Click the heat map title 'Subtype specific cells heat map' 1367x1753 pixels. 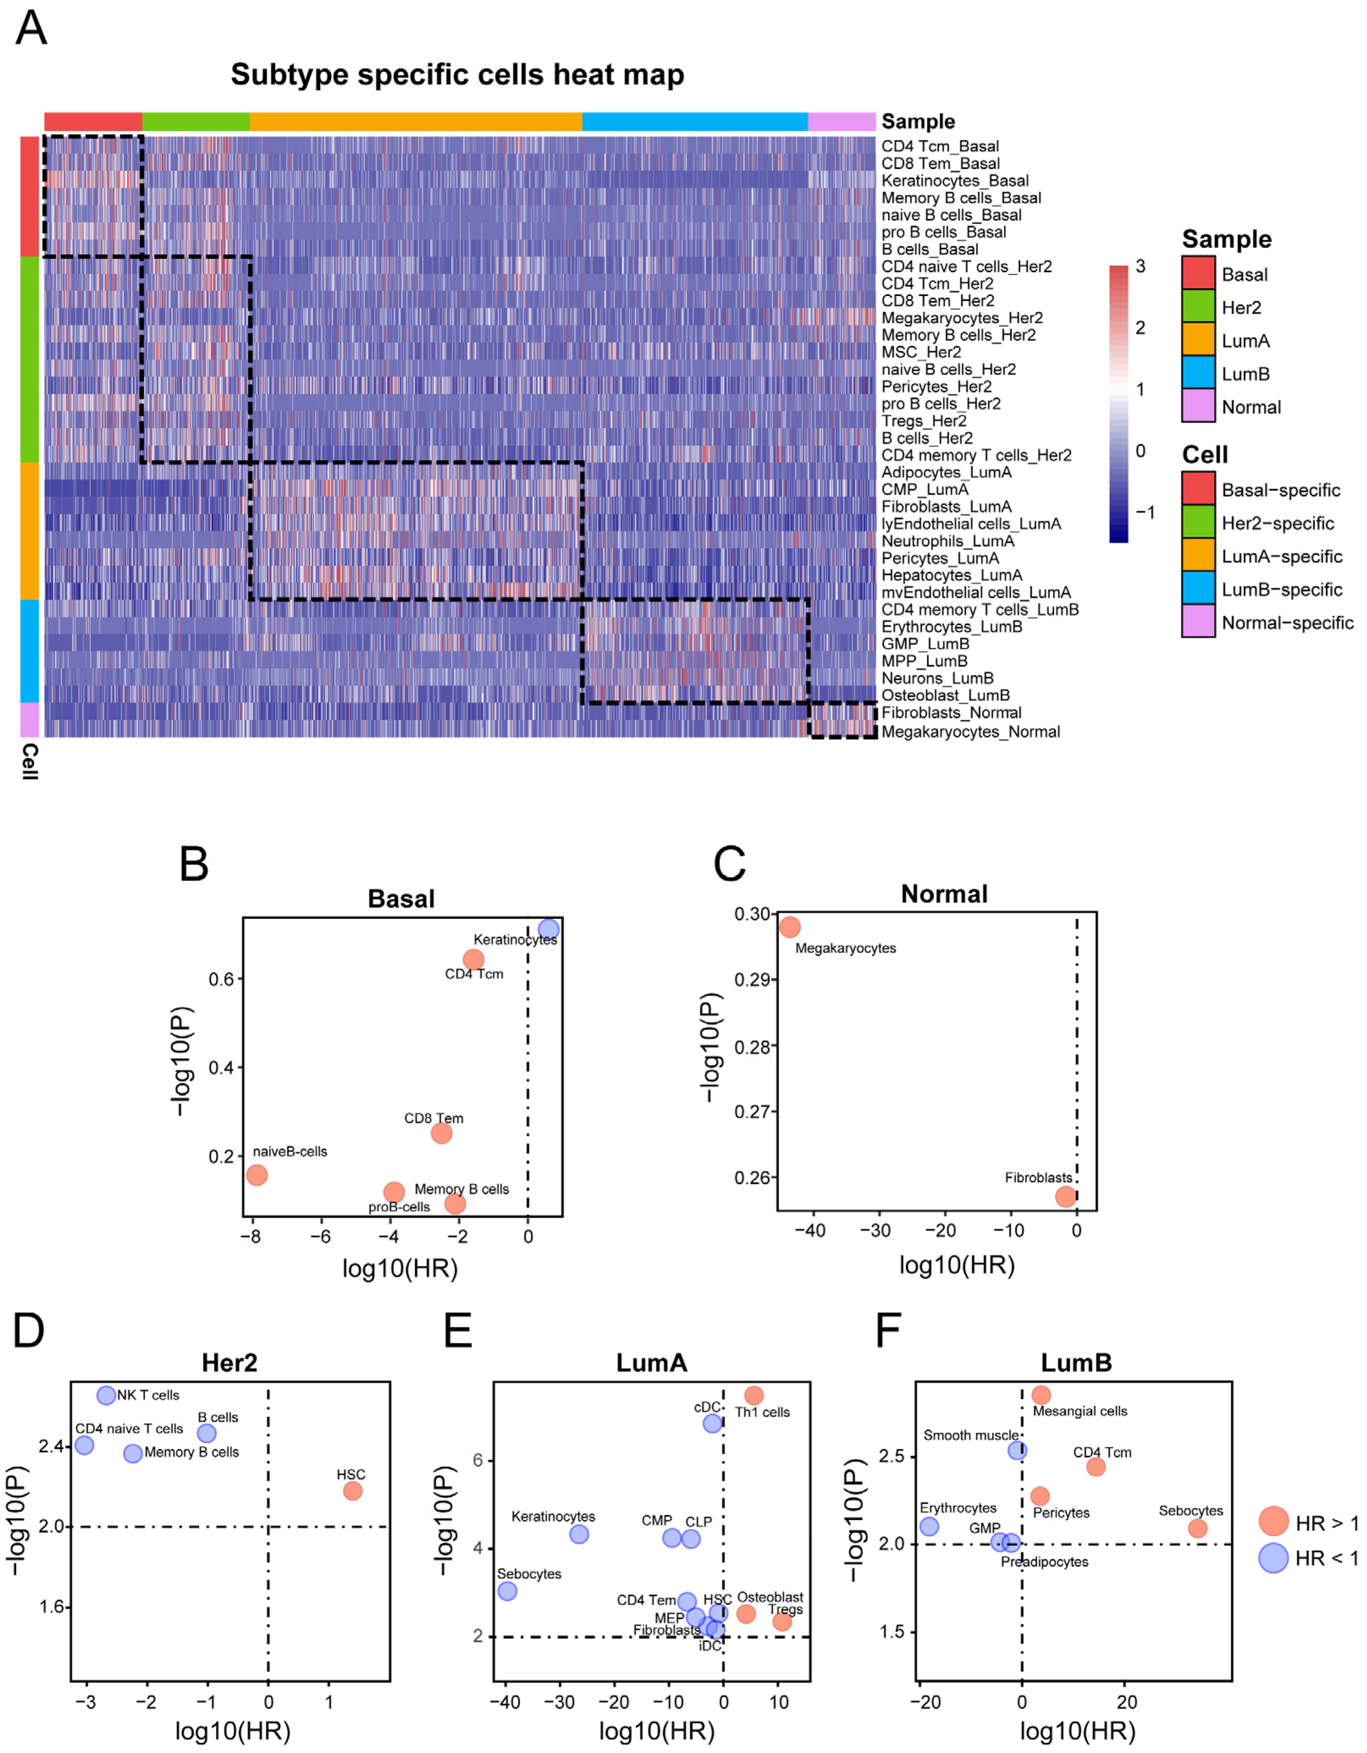(457, 75)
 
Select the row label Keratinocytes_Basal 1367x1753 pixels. (954, 181)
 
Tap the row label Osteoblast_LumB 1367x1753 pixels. (945, 695)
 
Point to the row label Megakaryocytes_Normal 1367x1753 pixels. (970, 731)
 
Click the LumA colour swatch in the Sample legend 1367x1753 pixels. (1198, 340)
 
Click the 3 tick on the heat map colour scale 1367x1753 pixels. (1140, 266)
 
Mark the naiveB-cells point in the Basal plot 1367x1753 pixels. (256, 1175)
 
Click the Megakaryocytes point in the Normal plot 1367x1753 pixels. (790, 927)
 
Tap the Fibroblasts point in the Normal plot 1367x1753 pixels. (1065, 1197)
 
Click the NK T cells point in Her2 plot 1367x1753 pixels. (106, 1395)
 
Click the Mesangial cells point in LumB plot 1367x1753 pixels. (1041, 1395)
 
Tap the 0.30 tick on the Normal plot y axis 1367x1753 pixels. (751, 914)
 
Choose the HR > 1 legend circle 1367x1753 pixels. (1273, 1520)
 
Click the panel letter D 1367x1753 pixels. (29, 1330)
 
